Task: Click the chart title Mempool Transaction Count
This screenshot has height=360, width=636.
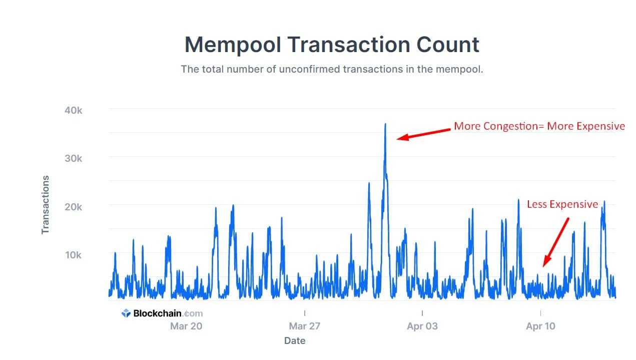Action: [332, 44]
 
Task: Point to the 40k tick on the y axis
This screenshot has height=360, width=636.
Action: [73, 110]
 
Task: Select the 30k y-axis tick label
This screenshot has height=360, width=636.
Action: [73, 158]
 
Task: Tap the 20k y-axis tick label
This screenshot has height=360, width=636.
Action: [73, 207]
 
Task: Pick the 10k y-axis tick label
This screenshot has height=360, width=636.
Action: [73, 255]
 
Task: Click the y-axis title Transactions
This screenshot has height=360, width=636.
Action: [46, 204]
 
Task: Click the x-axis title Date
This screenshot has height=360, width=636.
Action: [295, 341]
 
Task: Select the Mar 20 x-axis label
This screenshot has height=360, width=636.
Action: [186, 326]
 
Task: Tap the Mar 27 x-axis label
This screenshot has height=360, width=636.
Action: [305, 326]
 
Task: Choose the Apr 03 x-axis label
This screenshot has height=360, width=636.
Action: [422, 326]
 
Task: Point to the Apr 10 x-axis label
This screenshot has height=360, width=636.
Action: [540, 326]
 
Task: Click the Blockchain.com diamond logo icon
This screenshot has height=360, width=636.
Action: [126, 313]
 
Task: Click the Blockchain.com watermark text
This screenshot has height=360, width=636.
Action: [168, 313]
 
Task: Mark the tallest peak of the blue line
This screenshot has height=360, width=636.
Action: [385, 124]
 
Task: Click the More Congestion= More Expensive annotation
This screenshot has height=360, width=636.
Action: [539, 126]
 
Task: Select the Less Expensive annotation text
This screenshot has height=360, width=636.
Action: [562, 204]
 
